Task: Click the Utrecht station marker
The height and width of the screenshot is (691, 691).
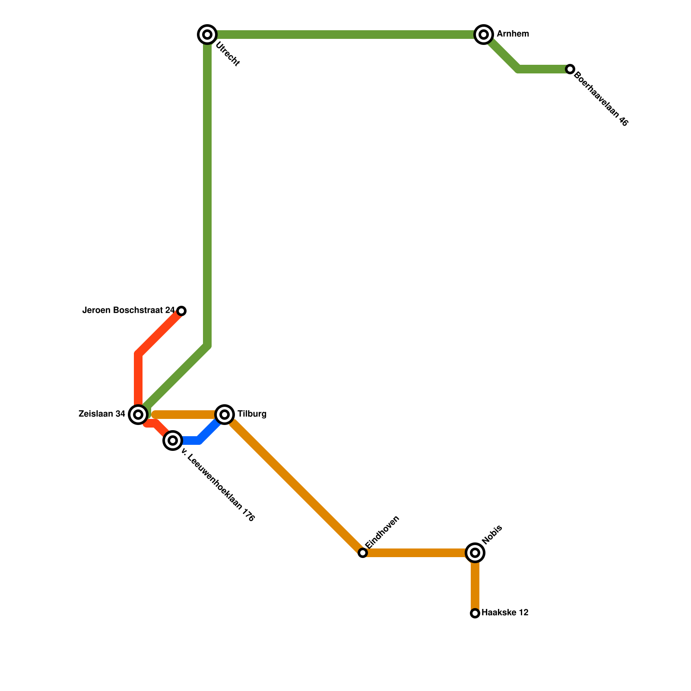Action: pyautogui.click(x=207, y=35)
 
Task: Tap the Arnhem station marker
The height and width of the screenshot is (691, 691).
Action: pyautogui.click(x=484, y=35)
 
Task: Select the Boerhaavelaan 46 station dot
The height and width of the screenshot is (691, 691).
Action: pyautogui.click(x=570, y=69)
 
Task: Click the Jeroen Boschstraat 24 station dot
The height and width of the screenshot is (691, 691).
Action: pyautogui.click(x=182, y=311)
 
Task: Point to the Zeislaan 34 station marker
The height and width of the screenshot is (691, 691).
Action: pyautogui.click(x=138, y=415)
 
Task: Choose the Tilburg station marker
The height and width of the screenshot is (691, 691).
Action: pyautogui.click(x=225, y=415)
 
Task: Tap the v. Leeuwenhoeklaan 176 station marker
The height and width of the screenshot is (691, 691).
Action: pyautogui.click(x=173, y=441)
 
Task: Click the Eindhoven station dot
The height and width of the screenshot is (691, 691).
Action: pyautogui.click(x=363, y=553)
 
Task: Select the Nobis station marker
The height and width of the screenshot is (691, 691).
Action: pyautogui.click(x=475, y=553)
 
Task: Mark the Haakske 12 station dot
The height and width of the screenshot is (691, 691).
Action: pyautogui.click(x=475, y=613)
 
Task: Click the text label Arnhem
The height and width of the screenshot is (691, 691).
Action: pyautogui.click(x=513, y=34)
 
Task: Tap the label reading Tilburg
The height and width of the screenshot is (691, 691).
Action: pyautogui.click(x=252, y=414)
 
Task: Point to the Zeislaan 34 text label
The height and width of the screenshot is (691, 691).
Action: pyautogui.click(x=102, y=414)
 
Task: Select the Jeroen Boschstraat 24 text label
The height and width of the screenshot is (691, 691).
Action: pyautogui.click(x=128, y=311)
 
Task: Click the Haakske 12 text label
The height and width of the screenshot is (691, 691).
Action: pyautogui.click(x=504, y=613)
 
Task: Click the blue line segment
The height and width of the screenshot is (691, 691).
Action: pyautogui.click(x=203, y=436)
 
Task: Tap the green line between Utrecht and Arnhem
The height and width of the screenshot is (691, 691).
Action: pyautogui.click(x=345, y=35)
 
